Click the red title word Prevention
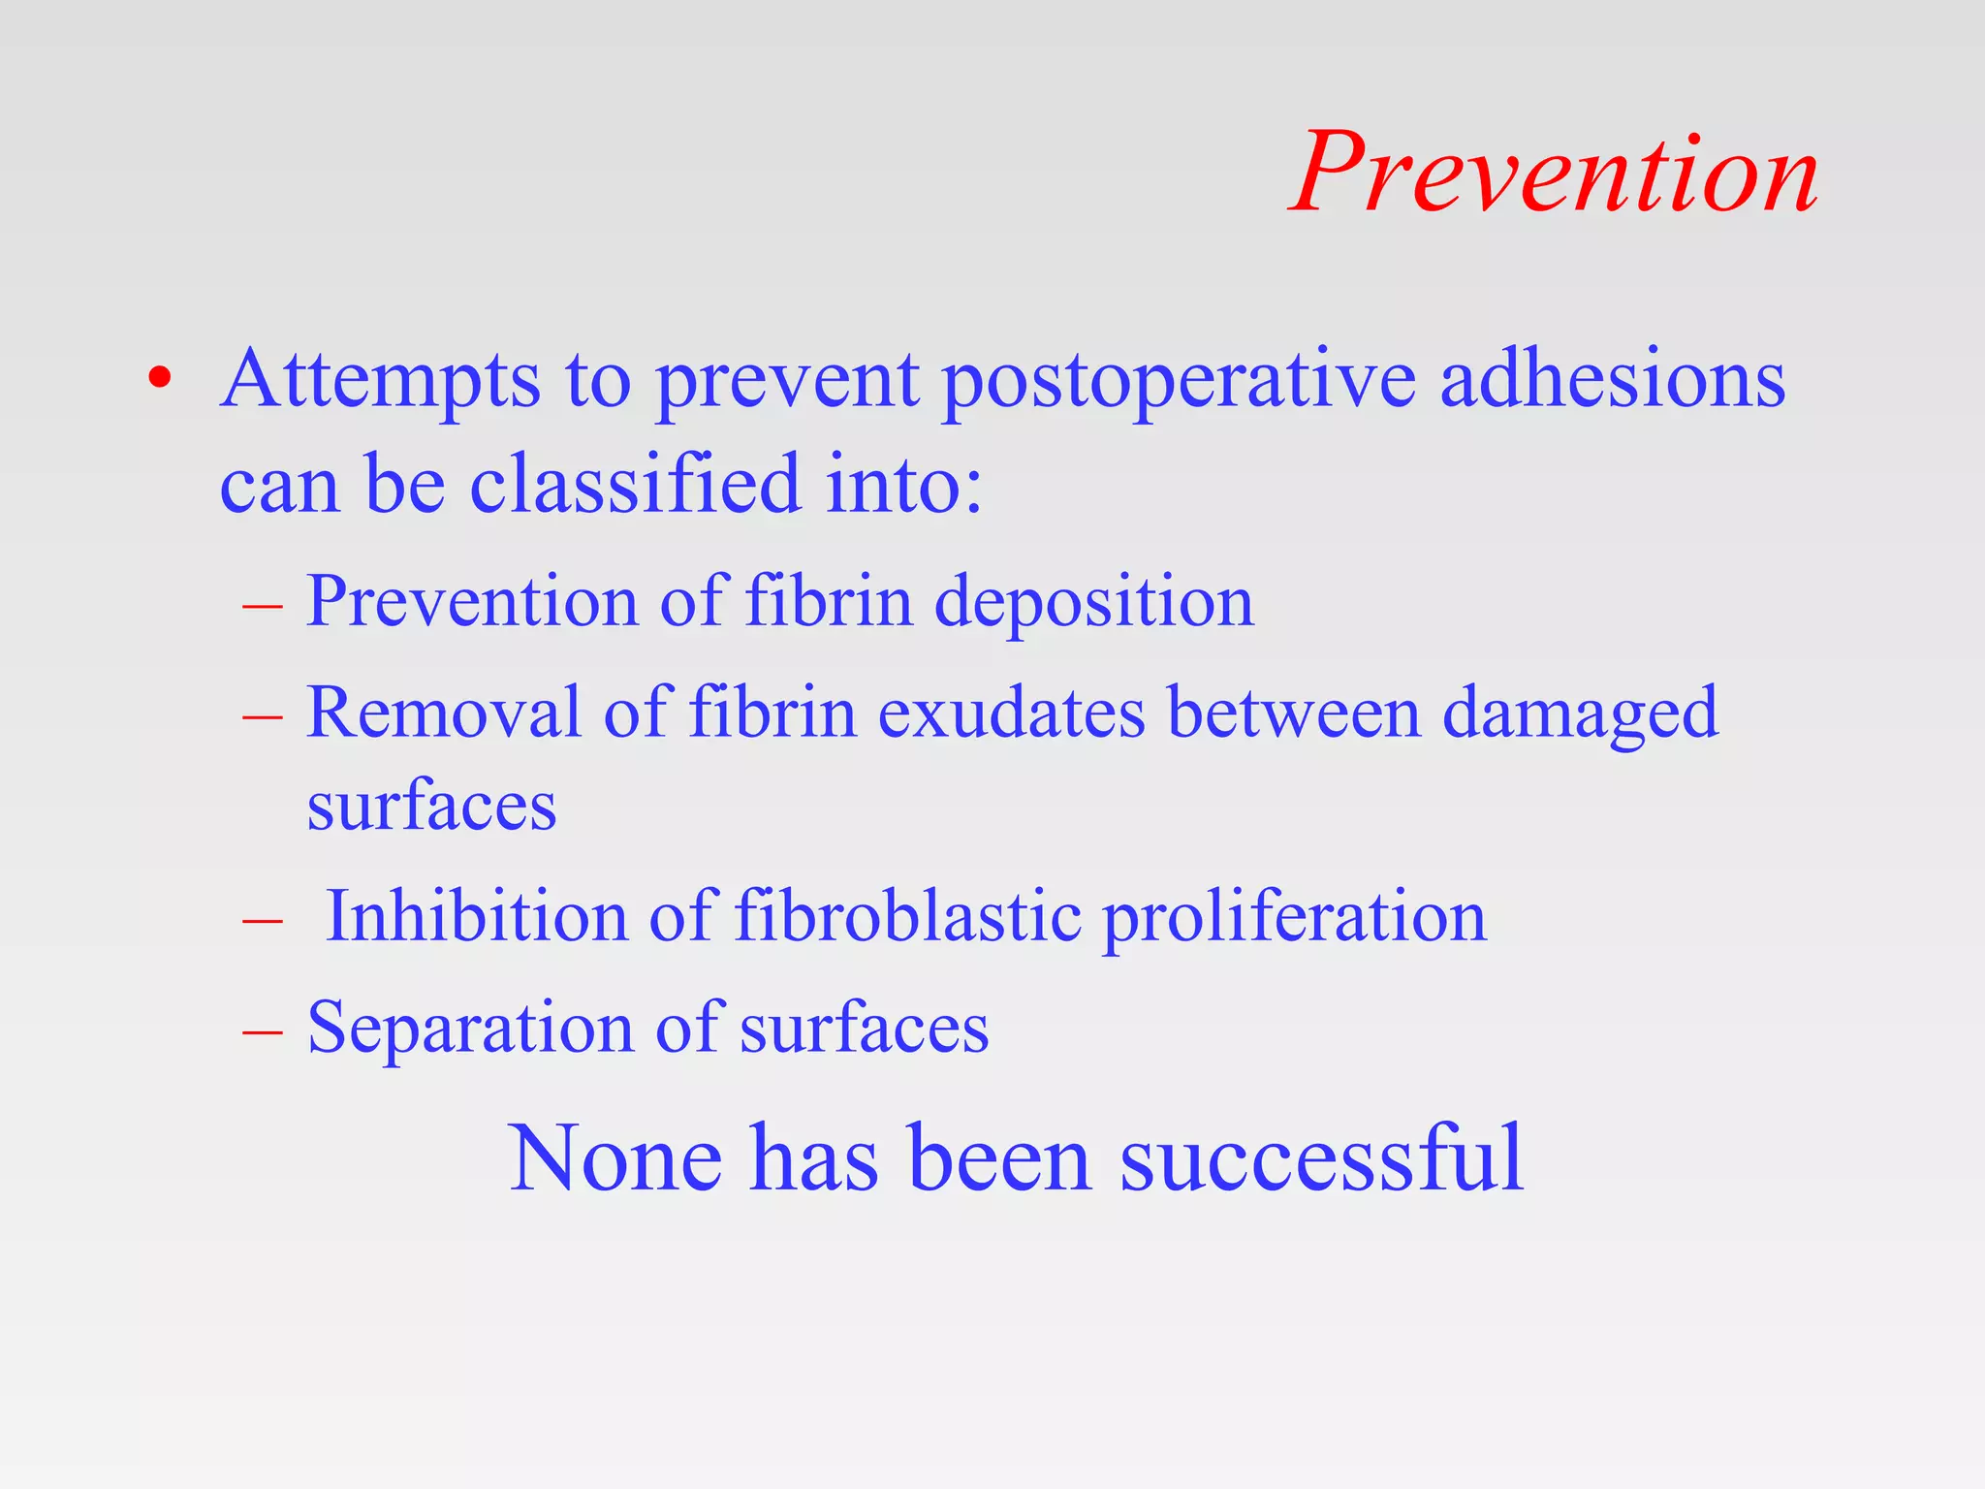[x=1555, y=174]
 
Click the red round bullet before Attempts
[x=160, y=378]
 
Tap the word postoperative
[x=1179, y=380]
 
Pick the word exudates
[x=1011, y=713]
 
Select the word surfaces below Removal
[x=431, y=807]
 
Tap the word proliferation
[x=1294, y=917]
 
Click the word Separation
[x=470, y=1028]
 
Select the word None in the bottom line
[x=615, y=1157]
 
